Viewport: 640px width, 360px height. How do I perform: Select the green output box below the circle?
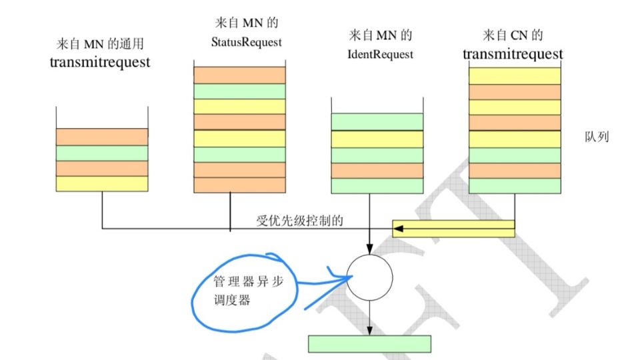[x=369, y=343]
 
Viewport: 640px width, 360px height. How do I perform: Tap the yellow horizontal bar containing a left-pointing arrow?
[x=453, y=228]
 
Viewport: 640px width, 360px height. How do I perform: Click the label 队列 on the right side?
[x=595, y=138]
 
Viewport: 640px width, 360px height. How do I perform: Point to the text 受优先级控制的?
[x=299, y=221]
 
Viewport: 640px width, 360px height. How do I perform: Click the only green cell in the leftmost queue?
[x=101, y=153]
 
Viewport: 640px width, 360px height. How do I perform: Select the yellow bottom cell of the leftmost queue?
[x=101, y=183]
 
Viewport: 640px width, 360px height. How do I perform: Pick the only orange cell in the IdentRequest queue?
[x=377, y=171]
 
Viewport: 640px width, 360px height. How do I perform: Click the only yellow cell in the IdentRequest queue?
[x=377, y=139]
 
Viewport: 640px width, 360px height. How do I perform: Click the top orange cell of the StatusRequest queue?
[x=239, y=75]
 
